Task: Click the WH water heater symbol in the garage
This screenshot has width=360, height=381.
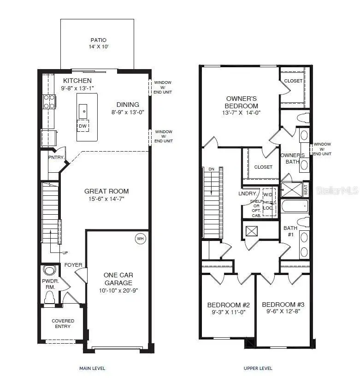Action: point(139,239)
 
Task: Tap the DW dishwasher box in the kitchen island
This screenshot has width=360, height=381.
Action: point(83,126)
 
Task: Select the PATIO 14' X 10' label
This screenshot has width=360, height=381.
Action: point(98,43)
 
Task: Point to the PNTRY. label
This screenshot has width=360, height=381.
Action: point(55,158)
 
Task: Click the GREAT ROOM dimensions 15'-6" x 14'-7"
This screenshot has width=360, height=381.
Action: point(106,199)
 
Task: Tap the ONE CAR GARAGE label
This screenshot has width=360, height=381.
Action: point(118,279)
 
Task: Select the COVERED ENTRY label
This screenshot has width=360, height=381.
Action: point(63,323)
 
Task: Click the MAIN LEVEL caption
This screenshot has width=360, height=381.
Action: point(92,368)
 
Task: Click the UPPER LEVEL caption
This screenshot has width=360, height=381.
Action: point(258,368)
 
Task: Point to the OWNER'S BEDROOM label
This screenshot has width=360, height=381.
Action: point(242,102)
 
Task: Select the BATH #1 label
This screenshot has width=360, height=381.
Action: point(290,230)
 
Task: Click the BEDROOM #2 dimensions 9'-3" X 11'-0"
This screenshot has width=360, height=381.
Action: point(228,312)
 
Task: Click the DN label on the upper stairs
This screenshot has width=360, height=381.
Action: point(212,169)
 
